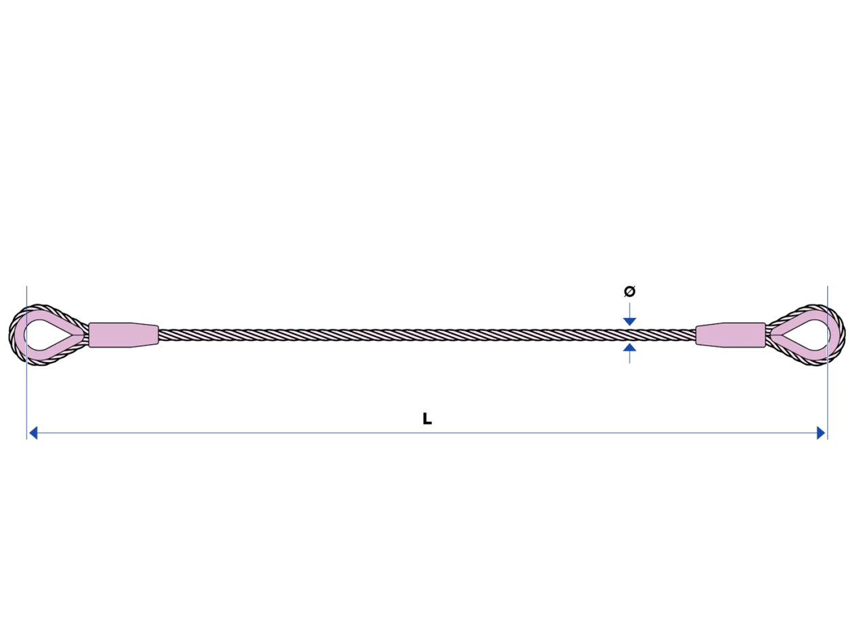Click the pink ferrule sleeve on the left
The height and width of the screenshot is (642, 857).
coord(122,334)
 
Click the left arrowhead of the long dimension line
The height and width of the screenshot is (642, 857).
coord(32,433)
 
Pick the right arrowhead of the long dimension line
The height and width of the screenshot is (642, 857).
coord(822,433)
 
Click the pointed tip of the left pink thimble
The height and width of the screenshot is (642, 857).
coord(83,334)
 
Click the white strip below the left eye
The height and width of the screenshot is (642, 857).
coord(28,401)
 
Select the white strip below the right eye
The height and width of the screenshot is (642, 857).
coord(828,401)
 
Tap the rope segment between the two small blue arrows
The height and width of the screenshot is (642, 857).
coord(630,334)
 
